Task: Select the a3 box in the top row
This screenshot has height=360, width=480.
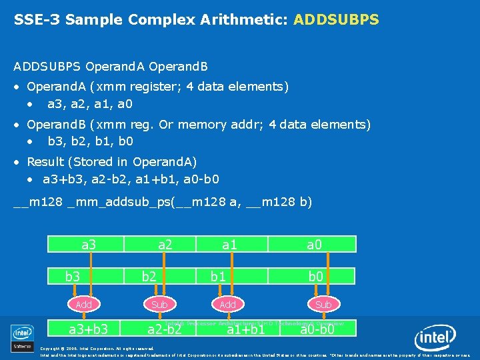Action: (89, 245)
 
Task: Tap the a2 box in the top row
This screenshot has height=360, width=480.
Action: (165, 245)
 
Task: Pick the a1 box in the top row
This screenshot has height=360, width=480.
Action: (229, 245)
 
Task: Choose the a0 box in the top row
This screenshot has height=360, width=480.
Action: (314, 245)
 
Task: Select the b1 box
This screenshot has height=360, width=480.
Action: (218, 276)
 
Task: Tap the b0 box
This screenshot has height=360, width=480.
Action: (315, 276)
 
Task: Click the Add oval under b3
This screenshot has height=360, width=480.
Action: (84, 304)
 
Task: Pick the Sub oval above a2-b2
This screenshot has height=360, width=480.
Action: (160, 304)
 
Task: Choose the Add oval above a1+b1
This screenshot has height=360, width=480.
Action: (228, 304)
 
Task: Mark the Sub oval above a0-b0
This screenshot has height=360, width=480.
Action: (323, 304)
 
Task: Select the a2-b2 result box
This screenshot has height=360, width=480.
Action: (165, 328)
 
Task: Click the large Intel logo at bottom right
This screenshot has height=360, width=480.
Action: (436, 339)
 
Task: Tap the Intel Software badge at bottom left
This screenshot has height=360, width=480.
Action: (22, 338)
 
